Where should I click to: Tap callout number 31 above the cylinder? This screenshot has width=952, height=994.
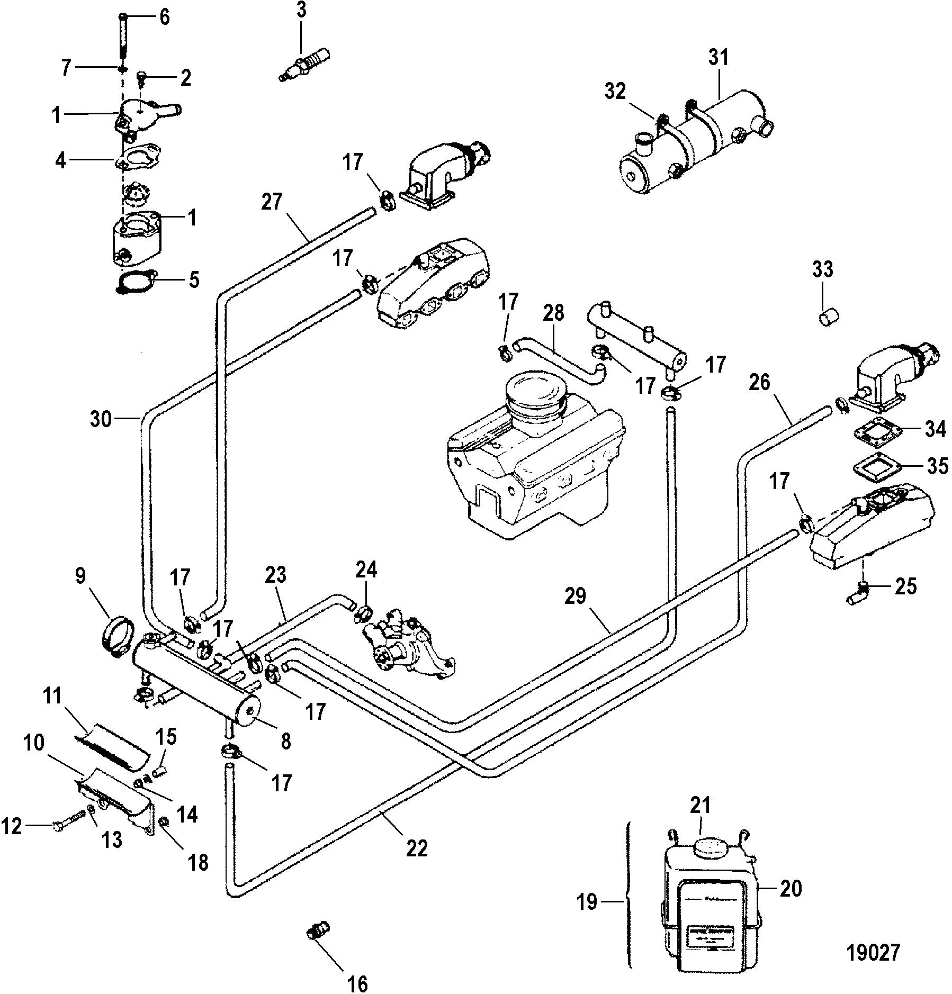719,58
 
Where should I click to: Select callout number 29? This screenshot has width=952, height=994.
576,597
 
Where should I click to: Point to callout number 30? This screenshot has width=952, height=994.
101,419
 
